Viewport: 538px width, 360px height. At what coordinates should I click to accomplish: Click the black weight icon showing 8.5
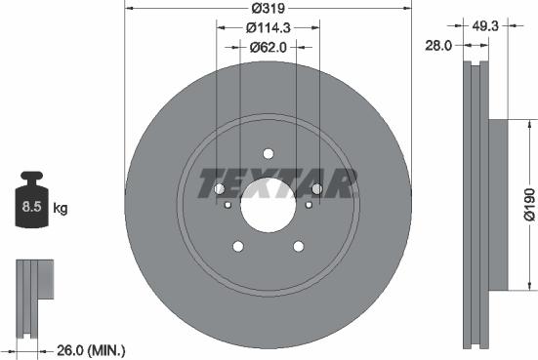click(x=33, y=202)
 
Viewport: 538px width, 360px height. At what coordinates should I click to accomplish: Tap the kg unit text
click(x=60, y=208)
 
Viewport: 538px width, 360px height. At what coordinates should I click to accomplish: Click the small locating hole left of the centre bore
click(x=228, y=205)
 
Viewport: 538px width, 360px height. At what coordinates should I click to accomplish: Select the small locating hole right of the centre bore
click(x=308, y=205)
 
